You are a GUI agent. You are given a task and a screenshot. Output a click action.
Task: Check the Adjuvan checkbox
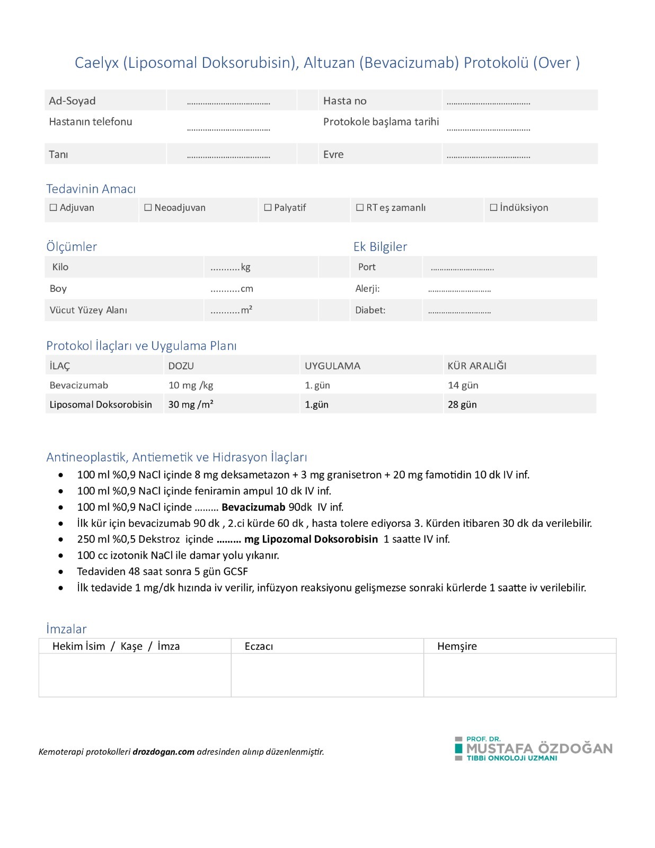(x=54, y=208)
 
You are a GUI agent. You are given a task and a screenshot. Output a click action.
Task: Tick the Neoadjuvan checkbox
(x=148, y=208)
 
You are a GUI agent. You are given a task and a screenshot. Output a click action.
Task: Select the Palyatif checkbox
(x=268, y=208)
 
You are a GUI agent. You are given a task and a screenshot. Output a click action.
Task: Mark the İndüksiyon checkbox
(x=493, y=208)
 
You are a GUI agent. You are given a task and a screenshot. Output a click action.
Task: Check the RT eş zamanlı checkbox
(x=360, y=208)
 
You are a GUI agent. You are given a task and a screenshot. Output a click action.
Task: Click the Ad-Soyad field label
(x=72, y=101)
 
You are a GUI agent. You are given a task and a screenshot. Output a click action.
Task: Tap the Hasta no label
(x=344, y=101)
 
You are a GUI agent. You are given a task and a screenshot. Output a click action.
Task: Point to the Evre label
(x=333, y=154)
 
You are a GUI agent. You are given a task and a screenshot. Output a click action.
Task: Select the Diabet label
(x=370, y=310)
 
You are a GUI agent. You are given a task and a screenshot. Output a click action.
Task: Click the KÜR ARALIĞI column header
(x=477, y=366)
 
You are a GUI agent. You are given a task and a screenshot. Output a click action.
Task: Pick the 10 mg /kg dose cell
(x=191, y=385)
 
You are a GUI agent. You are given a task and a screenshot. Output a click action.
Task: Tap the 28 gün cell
(x=462, y=404)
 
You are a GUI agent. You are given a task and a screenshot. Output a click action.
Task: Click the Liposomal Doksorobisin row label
(x=101, y=404)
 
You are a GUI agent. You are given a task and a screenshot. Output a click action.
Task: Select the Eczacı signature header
(x=259, y=646)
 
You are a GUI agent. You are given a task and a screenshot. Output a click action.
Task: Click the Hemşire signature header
(x=457, y=646)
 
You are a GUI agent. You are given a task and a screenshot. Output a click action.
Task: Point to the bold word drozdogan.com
(x=163, y=752)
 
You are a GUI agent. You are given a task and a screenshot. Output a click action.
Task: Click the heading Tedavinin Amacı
(x=91, y=189)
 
